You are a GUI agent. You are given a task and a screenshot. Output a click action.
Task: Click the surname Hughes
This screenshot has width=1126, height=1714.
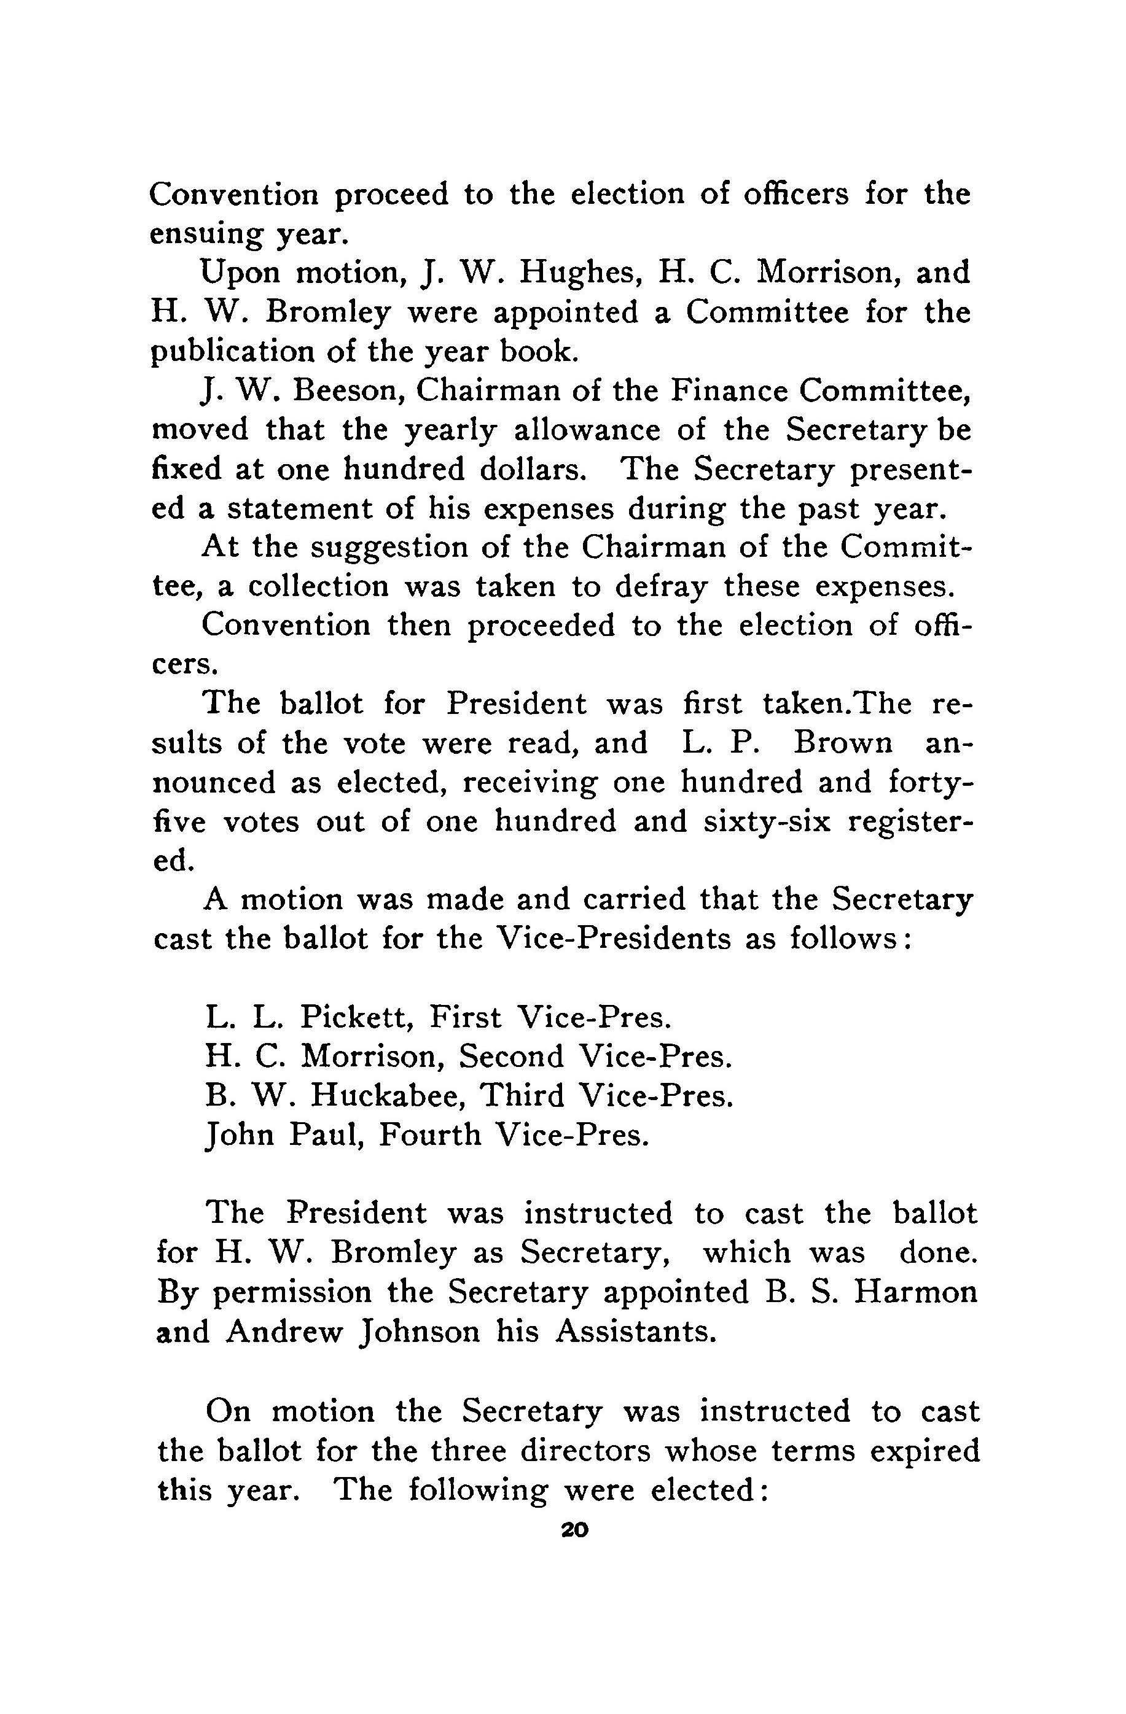tap(566, 274)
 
